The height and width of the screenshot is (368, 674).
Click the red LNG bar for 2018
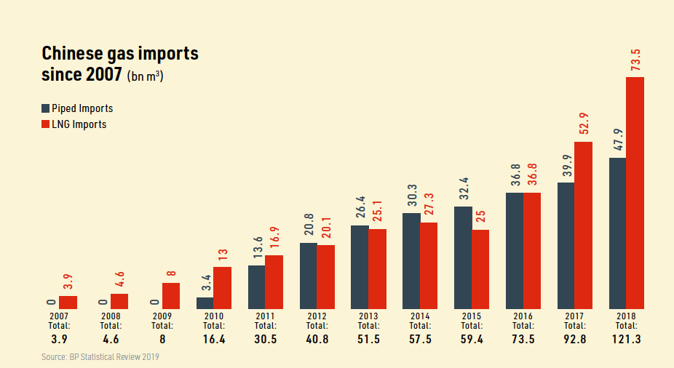coord(635,193)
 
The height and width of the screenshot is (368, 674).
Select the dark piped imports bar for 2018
coord(618,233)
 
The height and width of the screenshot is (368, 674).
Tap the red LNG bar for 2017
coord(584,225)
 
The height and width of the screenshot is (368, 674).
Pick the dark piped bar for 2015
coord(463,257)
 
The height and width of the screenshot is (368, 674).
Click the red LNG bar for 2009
coord(171,295)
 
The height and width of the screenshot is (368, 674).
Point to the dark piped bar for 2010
coord(205,303)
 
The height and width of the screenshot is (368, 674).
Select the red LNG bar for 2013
coord(377,268)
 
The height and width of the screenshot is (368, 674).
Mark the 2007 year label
coord(59,316)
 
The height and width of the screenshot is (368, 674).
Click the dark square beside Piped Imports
coord(46,109)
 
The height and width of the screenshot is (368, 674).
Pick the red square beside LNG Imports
coord(46,124)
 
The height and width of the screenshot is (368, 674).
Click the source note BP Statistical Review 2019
coord(100,357)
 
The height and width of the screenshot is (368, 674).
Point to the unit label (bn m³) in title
coord(145,76)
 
